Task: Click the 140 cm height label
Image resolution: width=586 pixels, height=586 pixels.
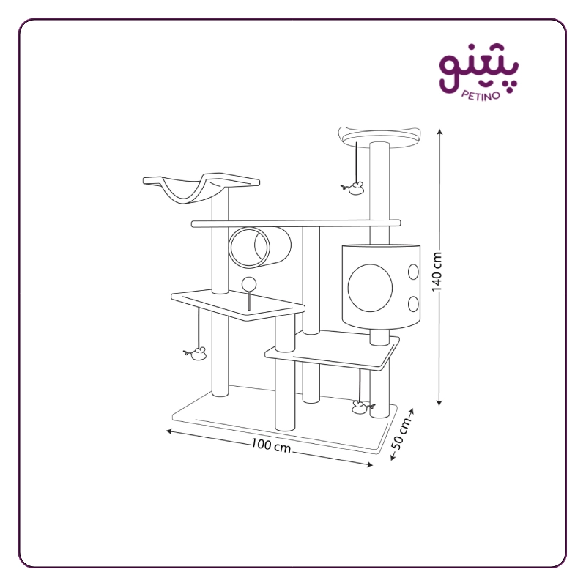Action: pyautogui.click(x=437, y=272)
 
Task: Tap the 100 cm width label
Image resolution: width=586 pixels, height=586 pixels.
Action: pyautogui.click(x=271, y=445)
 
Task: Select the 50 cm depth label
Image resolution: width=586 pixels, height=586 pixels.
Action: pyautogui.click(x=401, y=434)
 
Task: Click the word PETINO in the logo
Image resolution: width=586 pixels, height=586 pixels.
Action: pyautogui.click(x=481, y=95)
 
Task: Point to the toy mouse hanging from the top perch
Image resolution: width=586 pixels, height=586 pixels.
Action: pyautogui.click(x=353, y=188)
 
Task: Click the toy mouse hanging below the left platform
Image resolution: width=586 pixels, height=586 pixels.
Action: pyautogui.click(x=196, y=354)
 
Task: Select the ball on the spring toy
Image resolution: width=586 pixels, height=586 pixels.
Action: pyautogui.click(x=249, y=284)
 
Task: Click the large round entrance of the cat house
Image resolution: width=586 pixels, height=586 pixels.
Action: pyautogui.click(x=370, y=288)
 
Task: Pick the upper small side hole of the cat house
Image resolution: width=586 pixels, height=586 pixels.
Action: pyautogui.click(x=413, y=272)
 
